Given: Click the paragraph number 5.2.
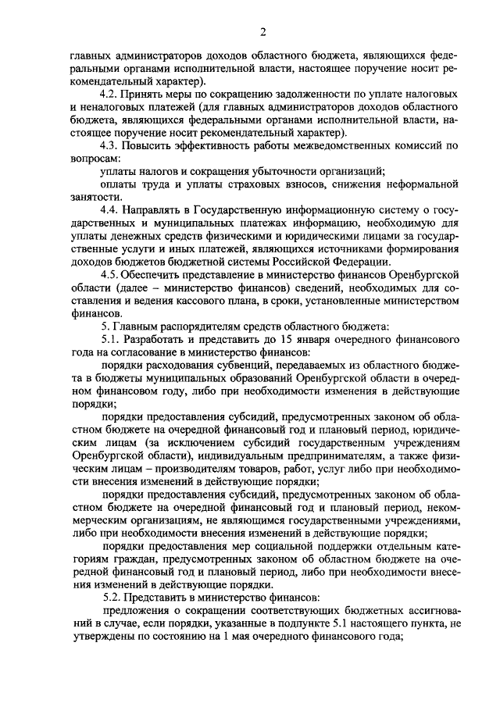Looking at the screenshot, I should pos(112,596).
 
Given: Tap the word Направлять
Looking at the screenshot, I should pos(159,210).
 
